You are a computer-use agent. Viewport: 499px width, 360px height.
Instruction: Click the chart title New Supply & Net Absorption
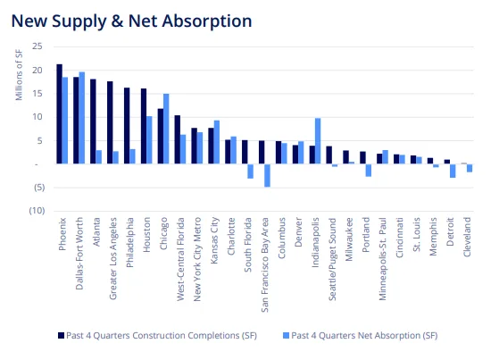pos(131,20)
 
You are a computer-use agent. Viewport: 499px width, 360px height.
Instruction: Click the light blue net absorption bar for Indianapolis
pos(318,141)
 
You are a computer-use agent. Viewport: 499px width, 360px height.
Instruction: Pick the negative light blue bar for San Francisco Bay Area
pos(267,175)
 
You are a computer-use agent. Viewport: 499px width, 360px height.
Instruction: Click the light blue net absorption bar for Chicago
pos(166,129)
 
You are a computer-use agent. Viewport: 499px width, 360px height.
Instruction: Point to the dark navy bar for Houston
pos(143,126)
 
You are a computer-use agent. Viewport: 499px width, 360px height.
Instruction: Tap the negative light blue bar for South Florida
pos(250,172)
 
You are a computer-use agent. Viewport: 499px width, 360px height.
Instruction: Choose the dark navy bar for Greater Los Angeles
pos(110,122)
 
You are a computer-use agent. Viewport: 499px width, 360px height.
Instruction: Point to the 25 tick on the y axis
pos(36,47)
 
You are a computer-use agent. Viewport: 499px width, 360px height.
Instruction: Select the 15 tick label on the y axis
pos(36,94)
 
